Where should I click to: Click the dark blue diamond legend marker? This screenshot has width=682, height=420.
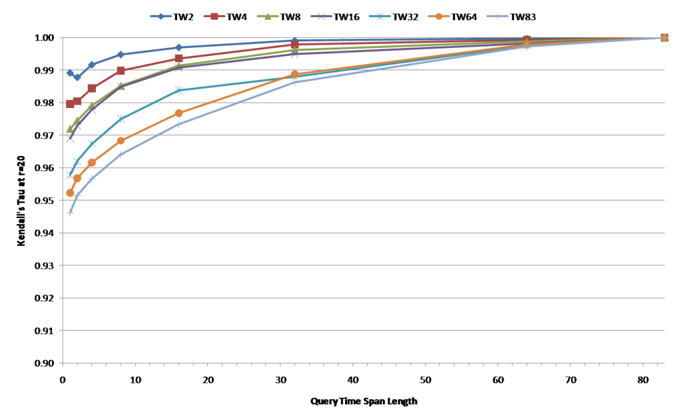tap(161, 16)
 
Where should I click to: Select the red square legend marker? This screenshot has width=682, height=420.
tap(214, 16)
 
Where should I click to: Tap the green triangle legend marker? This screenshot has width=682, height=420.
tap(268, 16)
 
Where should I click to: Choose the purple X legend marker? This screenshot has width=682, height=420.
tap(321, 16)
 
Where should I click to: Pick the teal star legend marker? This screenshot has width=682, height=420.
tap(380, 16)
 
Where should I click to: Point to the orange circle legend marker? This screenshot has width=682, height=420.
tap(439, 16)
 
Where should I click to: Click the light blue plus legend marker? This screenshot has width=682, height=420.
tap(497, 16)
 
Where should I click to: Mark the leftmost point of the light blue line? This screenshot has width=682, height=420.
tap(70, 213)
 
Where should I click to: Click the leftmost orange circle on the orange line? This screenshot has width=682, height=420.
tap(70, 193)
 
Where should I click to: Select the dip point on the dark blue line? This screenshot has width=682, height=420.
tap(77, 77)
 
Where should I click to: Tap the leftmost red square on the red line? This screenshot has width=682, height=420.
tap(70, 104)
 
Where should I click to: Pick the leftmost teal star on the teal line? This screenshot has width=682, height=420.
tap(70, 175)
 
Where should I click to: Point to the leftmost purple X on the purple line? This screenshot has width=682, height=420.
tap(70, 139)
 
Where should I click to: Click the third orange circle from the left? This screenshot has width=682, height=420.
tap(92, 163)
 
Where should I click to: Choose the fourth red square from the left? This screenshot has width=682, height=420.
tap(121, 70)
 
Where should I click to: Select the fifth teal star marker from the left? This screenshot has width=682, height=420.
tap(178, 90)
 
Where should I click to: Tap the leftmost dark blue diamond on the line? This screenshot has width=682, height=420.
tap(70, 73)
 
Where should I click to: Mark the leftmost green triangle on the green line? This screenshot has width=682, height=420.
tap(70, 128)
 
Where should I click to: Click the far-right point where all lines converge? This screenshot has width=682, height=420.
tap(664, 37)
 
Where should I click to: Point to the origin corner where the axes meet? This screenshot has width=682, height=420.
tap(63, 363)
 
